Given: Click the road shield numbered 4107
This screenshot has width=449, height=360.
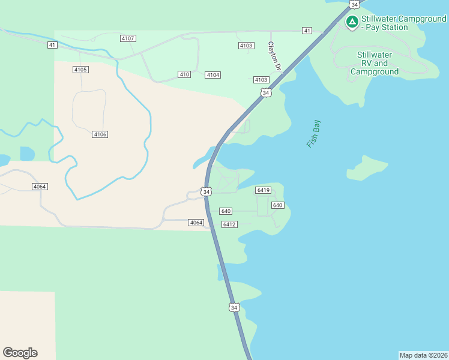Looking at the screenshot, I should coord(128,38).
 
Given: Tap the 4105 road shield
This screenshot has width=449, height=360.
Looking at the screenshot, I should coord(80,70).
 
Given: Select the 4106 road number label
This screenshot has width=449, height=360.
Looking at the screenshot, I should coord(100,134).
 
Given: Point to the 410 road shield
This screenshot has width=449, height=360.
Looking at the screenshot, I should coord(184,74).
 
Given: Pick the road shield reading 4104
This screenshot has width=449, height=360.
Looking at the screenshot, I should coord(212,75).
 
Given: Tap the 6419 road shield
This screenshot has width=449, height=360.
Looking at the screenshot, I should coord(263,190).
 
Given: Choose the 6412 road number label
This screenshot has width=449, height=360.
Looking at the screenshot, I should coord(229,224).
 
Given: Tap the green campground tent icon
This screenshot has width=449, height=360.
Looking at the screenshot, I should coord(352,23).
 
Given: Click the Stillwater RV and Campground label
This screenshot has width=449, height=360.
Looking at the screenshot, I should coord(375,63).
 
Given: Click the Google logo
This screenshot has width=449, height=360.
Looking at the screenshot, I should coord(20,353).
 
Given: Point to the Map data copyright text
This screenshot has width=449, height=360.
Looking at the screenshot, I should coord(423,355).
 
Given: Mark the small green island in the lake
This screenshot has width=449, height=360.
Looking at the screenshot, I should coord(366,167).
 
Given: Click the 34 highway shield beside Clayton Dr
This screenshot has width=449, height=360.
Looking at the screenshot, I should coord(266,93).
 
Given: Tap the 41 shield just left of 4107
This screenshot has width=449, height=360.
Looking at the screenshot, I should coord(52,45).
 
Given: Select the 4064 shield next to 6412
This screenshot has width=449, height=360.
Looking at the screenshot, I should coord(196,223).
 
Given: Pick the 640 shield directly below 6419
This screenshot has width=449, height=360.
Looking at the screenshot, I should coord(277,205).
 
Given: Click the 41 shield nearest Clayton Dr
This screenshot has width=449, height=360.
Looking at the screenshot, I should coord(307,31).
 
